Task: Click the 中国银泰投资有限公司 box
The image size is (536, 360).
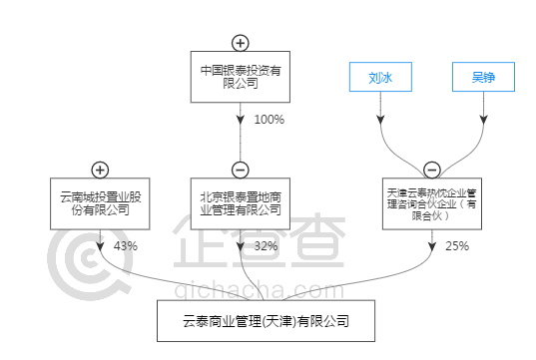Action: tap(240, 77)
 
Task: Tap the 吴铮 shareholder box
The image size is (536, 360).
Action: tap(484, 76)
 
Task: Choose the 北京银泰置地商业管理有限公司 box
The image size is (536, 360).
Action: tap(240, 203)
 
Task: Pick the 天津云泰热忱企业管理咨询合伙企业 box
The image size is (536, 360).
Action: tap(432, 202)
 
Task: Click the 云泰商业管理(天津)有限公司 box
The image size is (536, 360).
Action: tap(266, 321)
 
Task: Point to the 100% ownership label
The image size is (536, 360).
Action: tap(269, 120)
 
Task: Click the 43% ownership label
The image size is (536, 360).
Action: tap(126, 245)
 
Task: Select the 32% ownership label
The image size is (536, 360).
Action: tap(266, 245)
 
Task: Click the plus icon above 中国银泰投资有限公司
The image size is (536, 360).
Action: tap(240, 42)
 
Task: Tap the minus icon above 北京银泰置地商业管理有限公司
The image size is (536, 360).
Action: tap(240, 169)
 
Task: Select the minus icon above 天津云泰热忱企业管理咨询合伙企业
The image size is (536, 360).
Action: tap(431, 169)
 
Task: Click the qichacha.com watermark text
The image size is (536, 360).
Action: tap(245, 291)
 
